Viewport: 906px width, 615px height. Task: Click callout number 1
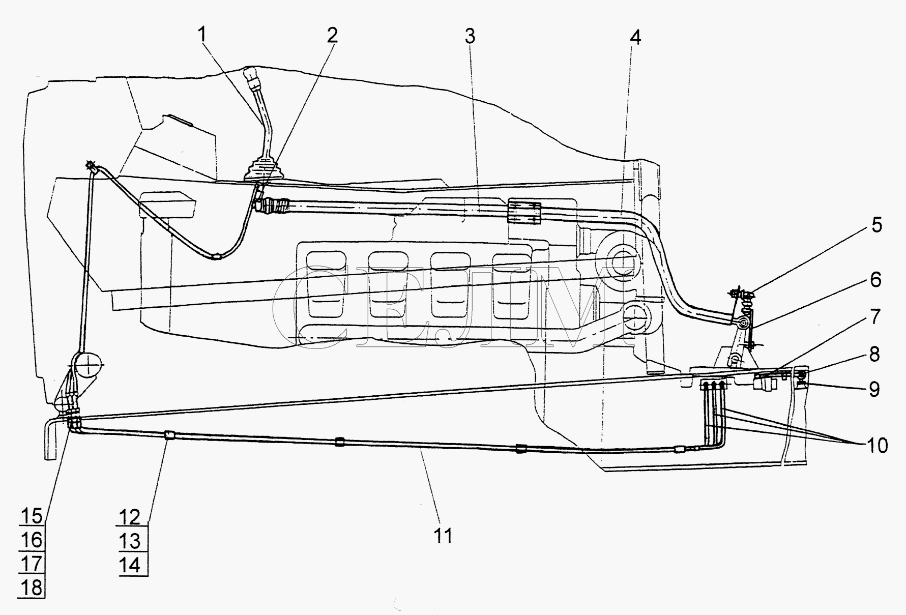point(202,35)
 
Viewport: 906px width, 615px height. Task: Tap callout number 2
point(332,35)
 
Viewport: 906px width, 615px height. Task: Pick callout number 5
point(876,225)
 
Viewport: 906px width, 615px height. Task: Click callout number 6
point(875,280)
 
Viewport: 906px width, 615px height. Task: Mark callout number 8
point(874,354)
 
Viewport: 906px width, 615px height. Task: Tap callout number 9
point(874,389)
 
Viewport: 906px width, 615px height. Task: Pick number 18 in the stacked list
point(31,588)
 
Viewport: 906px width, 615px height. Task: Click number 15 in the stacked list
point(31,516)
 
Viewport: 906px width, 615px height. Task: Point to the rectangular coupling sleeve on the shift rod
point(524,211)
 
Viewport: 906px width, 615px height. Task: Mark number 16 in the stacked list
point(31,540)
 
